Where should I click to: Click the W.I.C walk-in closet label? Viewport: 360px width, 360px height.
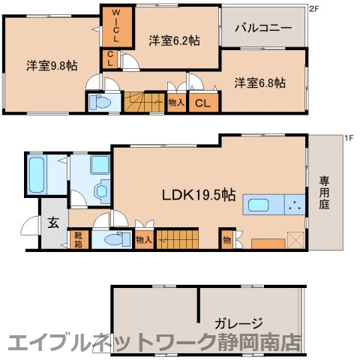(x=117, y=27)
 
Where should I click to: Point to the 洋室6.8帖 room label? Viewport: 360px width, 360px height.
(x=259, y=82)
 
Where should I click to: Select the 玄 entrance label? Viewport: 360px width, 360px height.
(x=54, y=222)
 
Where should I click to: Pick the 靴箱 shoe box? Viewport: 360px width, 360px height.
(x=78, y=239)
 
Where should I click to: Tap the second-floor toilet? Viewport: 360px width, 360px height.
(x=98, y=103)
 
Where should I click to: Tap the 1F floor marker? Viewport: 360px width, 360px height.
(x=349, y=138)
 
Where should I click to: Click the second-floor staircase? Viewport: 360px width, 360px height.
(x=144, y=102)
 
